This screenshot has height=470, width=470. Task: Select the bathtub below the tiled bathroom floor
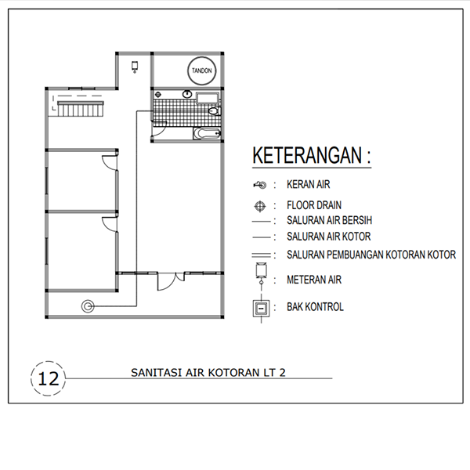208,134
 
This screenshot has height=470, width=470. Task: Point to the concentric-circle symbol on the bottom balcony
87,306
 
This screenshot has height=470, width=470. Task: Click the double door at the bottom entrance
170,280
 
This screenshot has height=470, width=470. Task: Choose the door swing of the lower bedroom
109,223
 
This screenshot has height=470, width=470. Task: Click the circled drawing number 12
49,378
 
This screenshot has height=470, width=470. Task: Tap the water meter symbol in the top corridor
136,67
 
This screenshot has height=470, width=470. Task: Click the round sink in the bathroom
186,95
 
